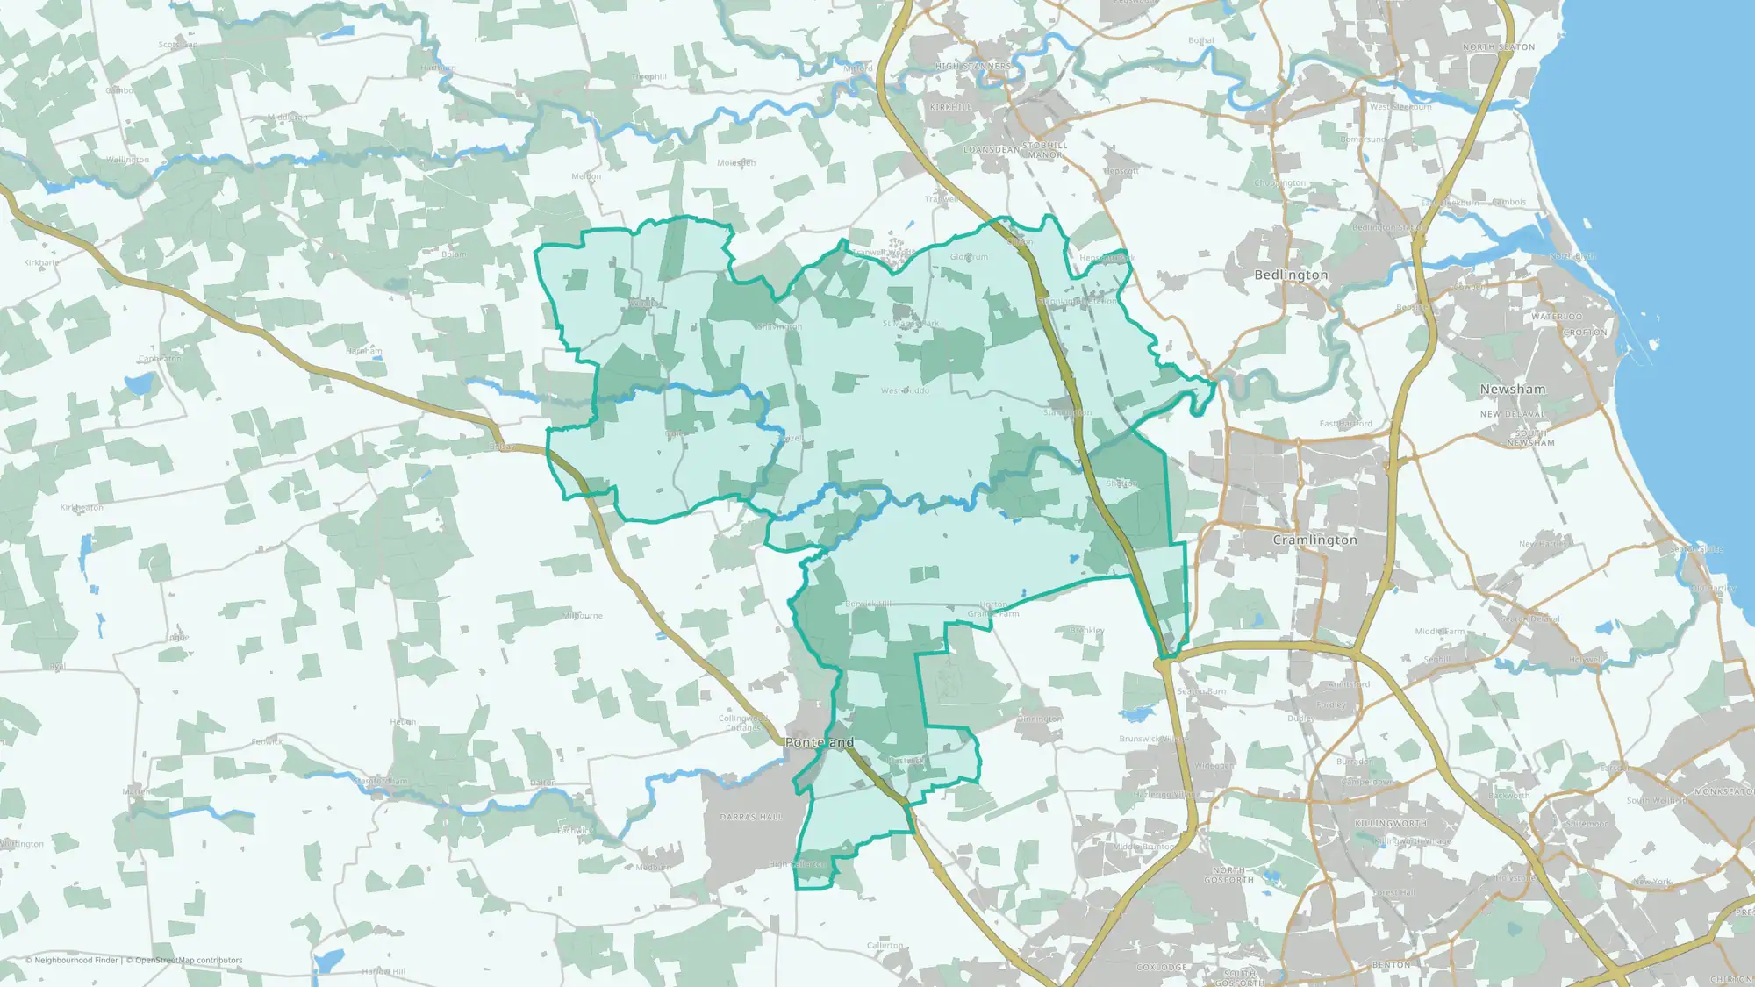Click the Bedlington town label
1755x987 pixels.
pyautogui.click(x=1291, y=275)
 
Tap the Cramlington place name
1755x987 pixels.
pyautogui.click(x=1314, y=540)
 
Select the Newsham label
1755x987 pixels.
pyautogui.click(x=1512, y=389)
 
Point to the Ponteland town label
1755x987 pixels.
pyautogui.click(x=819, y=742)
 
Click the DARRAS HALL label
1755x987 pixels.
pyautogui.click(x=751, y=817)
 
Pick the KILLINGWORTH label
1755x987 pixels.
pyautogui.click(x=1391, y=824)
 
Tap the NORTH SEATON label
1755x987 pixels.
pyautogui.click(x=1498, y=47)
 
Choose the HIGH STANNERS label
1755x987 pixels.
pyautogui.click(x=973, y=66)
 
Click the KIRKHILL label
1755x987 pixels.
pyautogui.click(x=950, y=107)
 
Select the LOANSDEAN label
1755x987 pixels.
pyautogui.click(x=992, y=150)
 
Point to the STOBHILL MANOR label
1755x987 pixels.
pyautogui.click(x=1044, y=150)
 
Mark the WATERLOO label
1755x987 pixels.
pyautogui.click(x=1557, y=317)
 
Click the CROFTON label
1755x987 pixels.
pyautogui.click(x=1585, y=333)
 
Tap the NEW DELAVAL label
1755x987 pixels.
pyautogui.click(x=1512, y=414)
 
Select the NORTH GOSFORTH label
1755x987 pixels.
pyautogui.click(x=1228, y=875)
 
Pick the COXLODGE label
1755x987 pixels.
pyautogui.click(x=1162, y=968)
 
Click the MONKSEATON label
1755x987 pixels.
pyautogui.click(x=1723, y=791)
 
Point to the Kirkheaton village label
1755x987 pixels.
pyautogui.click(x=82, y=508)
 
